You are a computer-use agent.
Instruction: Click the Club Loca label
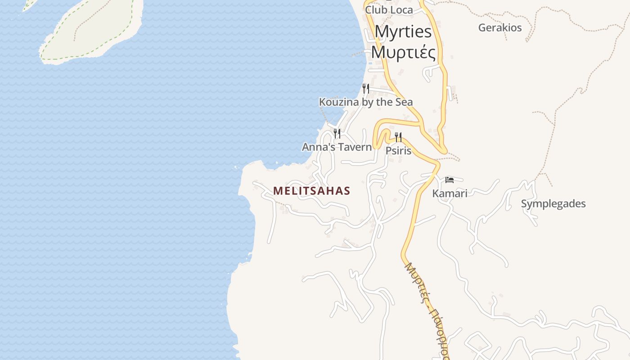click(389, 9)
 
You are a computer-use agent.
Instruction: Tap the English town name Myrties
click(403, 31)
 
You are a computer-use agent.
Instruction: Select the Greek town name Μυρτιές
click(403, 52)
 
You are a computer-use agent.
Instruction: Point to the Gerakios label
click(500, 27)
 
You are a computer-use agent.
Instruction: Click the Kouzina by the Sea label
click(365, 102)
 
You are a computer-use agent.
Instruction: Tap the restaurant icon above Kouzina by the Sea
click(366, 88)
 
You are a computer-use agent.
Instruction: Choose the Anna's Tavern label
click(337, 147)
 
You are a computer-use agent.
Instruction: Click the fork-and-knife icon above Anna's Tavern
click(337, 133)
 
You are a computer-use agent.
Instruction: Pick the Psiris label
click(398, 151)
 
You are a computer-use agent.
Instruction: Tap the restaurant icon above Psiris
click(398, 137)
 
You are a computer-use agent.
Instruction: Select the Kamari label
click(450, 193)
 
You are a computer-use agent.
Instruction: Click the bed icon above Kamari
click(450, 180)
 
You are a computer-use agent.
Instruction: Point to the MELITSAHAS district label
click(311, 191)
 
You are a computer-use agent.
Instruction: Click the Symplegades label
click(553, 204)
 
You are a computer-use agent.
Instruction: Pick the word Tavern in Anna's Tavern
click(356, 147)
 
